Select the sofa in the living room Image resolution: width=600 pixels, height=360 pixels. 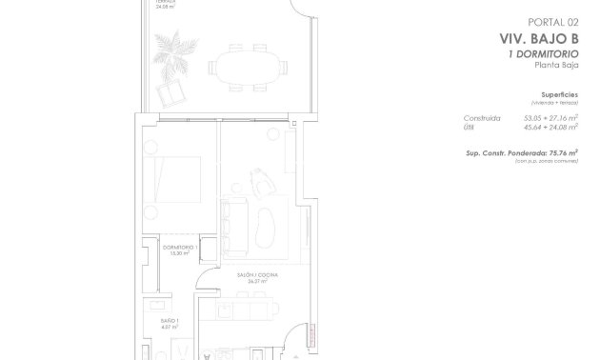pyautogui.click(x=230, y=224)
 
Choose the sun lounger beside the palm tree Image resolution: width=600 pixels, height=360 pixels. pyautogui.click(x=172, y=92)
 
